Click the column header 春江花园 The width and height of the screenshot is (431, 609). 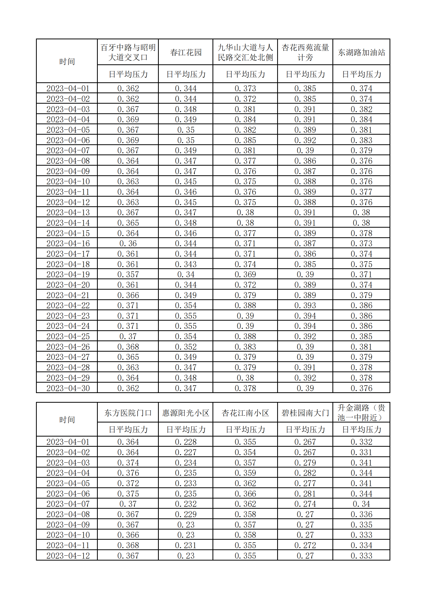[x=186, y=52]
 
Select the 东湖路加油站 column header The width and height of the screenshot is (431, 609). [x=361, y=52]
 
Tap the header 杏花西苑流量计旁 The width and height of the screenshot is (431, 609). [x=305, y=52]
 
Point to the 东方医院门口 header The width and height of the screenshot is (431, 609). [x=128, y=413]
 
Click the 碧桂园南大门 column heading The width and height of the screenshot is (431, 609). [x=305, y=413]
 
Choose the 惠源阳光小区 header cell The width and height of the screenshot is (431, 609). [x=186, y=413]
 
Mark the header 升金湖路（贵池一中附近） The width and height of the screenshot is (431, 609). [x=361, y=412]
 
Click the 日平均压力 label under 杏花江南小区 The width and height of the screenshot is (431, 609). [x=245, y=430]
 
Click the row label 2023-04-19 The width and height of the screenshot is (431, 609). [x=68, y=274]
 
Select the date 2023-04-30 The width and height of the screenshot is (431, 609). [x=68, y=388]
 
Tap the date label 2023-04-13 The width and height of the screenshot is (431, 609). [x=68, y=212]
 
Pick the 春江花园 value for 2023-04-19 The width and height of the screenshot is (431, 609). [x=186, y=274]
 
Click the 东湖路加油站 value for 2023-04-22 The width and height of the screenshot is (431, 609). [x=361, y=305]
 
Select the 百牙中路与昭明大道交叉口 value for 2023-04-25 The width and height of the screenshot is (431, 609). [x=128, y=336]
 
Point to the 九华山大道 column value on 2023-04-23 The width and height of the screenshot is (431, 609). [x=245, y=316]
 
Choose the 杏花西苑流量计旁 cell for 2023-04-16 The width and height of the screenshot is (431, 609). [x=305, y=243]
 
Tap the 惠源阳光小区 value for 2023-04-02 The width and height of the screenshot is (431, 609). [x=186, y=452]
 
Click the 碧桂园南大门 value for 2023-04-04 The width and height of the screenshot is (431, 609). [x=305, y=473]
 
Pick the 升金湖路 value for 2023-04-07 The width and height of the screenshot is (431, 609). [x=361, y=504]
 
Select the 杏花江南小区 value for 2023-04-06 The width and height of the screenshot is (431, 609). [x=245, y=494]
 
